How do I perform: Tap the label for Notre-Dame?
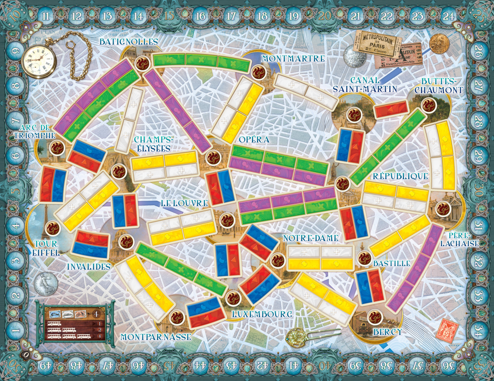pyautogui.click(x=311, y=238)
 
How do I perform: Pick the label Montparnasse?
pyautogui.click(x=156, y=337)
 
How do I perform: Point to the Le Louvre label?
pyautogui.click(x=184, y=203)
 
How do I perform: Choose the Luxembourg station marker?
pyautogui.click(x=231, y=298)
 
